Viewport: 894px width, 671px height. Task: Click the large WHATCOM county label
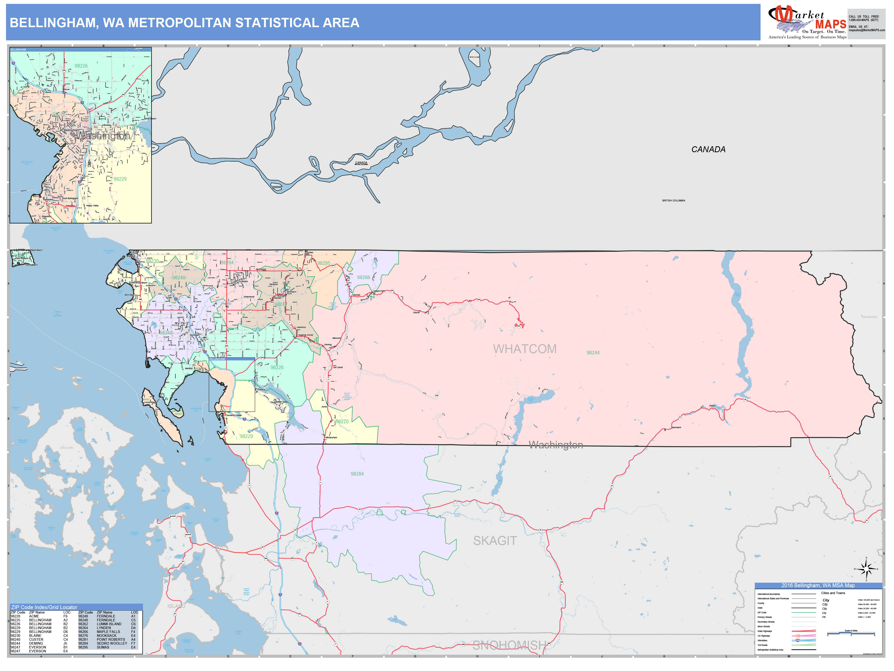click(525, 349)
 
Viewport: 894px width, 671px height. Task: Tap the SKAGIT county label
click(495, 541)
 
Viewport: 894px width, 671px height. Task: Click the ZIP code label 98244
click(593, 353)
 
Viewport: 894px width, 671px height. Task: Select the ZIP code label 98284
click(357, 474)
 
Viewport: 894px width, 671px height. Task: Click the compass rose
click(866, 569)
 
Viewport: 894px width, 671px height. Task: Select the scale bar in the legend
click(851, 633)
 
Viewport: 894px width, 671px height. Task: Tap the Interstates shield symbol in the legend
click(798, 640)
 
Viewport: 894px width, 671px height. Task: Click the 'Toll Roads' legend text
click(762, 645)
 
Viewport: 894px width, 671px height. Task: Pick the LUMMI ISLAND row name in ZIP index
click(109, 624)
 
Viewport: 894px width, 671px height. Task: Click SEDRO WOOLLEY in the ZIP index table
click(111, 643)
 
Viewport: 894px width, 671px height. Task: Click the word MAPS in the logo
click(831, 24)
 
